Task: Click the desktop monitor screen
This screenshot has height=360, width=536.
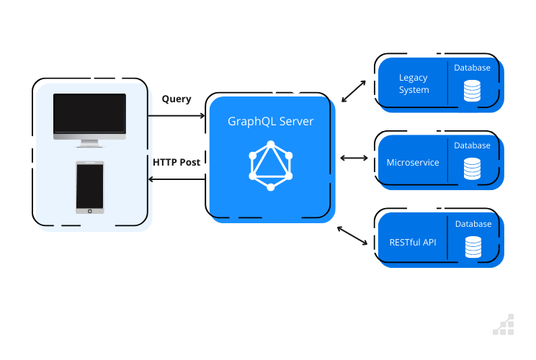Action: coord(89,113)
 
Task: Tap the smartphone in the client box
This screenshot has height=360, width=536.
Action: coord(90,187)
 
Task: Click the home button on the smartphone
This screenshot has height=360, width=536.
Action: coord(90,212)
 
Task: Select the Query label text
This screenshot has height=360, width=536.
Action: coord(177,99)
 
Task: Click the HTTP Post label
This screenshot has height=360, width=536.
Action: coord(177,162)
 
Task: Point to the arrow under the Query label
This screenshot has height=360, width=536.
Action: coord(177,116)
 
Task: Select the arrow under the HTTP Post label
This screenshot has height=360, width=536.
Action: coord(177,179)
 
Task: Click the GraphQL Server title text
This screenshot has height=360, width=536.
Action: coord(270,121)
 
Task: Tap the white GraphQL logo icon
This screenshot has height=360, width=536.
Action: coord(271,166)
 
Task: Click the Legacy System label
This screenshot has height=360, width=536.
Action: coord(414,84)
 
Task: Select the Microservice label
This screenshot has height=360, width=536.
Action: coord(413,163)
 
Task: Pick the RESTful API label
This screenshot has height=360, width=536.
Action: coord(413,243)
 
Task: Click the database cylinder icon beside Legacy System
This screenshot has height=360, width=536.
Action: coord(472,91)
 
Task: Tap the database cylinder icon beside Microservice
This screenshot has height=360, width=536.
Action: coord(472,168)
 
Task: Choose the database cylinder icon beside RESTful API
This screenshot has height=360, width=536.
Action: coord(473,247)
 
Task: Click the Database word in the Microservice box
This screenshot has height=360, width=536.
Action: coord(472,145)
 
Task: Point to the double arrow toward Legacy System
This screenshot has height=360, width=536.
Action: coord(354,91)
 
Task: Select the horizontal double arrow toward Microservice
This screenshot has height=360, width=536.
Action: coord(354,158)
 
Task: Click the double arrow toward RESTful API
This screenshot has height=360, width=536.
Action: coord(352,235)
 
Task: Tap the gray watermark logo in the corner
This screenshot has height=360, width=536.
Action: coord(504,325)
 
